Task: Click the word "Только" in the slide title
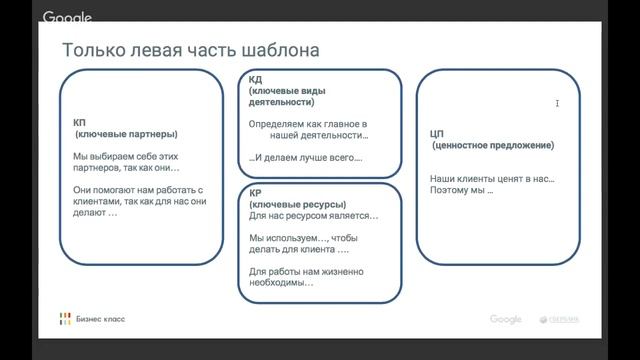click(x=90, y=50)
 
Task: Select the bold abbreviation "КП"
click(x=80, y=122)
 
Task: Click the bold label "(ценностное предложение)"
click(x=493, y=145)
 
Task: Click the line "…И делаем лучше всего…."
click(x=306, y=157)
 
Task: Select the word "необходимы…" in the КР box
click(x=281, y=282)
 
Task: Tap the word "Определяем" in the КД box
click(x=276, y=123)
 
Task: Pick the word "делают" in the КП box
click(x=89, y=212)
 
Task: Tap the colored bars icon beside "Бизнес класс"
click(x=65, y=319)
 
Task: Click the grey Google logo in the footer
click(x=506, y=319)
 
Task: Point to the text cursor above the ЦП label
click(x=557, y=103)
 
